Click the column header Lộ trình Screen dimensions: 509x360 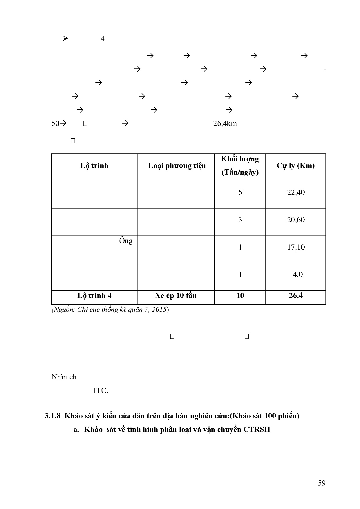[94, 166]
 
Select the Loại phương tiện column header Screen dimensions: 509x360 [177, 166]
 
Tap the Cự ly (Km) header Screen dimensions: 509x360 [296, 166]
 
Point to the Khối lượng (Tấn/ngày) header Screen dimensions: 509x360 [240, 166]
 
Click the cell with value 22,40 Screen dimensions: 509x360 [296, 193]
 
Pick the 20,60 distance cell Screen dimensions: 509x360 [296, 220]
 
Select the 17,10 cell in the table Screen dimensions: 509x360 [296, 247]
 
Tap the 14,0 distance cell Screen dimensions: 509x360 [296, 275]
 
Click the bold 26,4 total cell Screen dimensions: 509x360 [296, 296]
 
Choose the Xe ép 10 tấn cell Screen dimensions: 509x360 [176, 296]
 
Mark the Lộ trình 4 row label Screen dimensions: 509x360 [94, 296]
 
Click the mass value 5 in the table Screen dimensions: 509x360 [240, 193]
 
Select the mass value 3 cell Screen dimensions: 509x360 [240, 220]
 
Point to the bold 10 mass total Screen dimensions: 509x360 [240, 296]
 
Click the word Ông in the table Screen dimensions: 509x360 [126, 241]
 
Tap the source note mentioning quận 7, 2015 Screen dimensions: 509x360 [110, 310]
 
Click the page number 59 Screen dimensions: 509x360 [322, 483]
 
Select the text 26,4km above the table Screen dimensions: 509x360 [225, 124]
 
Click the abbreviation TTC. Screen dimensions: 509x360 [100, 391]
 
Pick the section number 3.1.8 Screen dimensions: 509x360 [53, 416]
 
